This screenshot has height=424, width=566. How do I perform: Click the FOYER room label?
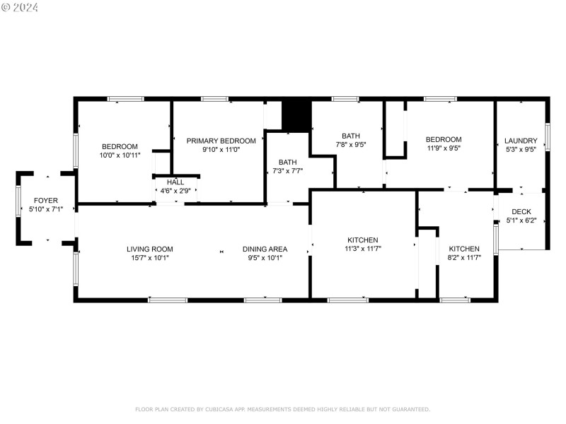(x=45, y=201)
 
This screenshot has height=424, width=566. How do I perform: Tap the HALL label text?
(x=175, y=182)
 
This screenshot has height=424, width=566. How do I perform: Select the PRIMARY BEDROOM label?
(x=221, y=141)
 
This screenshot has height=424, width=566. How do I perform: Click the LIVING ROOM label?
(x=150, y=249)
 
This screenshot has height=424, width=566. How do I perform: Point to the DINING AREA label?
(x=265, y=249)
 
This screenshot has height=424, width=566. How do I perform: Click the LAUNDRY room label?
(x=521, y=140)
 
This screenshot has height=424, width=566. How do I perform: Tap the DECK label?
(x=521, y=211)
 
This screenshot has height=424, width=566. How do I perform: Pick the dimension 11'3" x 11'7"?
(x=362, y=249)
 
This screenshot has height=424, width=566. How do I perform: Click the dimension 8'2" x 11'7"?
(x=464, y=258)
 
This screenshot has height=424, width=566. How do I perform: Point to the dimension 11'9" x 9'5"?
(x=444, y=148)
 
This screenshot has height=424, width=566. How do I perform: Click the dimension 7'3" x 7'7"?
(x=287, y=171)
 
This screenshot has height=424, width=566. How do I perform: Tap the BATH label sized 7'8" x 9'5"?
(x=350, y=136)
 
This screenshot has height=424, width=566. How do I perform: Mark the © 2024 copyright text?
(x=20, y=7)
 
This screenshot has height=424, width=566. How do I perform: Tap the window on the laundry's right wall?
(x=548, y=136)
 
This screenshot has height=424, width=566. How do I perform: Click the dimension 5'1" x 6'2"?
(x=521, y=220)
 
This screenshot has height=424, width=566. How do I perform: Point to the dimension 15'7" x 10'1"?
(x=150, y=258)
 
